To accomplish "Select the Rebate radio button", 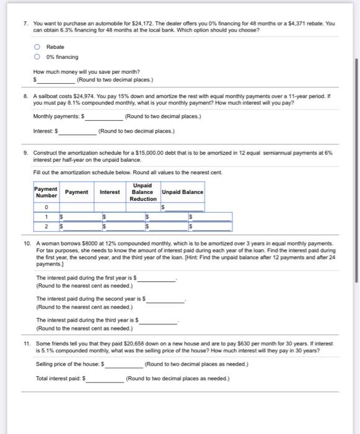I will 38,46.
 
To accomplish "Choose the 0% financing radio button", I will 38,57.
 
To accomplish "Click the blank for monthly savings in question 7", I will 57,80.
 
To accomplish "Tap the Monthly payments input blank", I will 101,117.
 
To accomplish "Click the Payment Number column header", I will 46,192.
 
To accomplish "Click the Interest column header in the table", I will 110,192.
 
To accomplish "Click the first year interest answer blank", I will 157,278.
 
